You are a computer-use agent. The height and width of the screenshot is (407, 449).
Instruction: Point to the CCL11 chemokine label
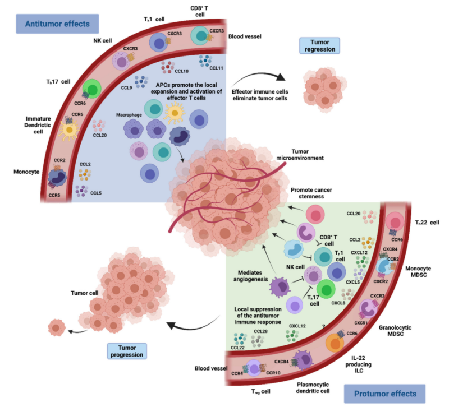click(x=217, y=68)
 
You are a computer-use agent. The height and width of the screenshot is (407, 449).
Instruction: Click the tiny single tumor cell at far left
click(x=56, y=326)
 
